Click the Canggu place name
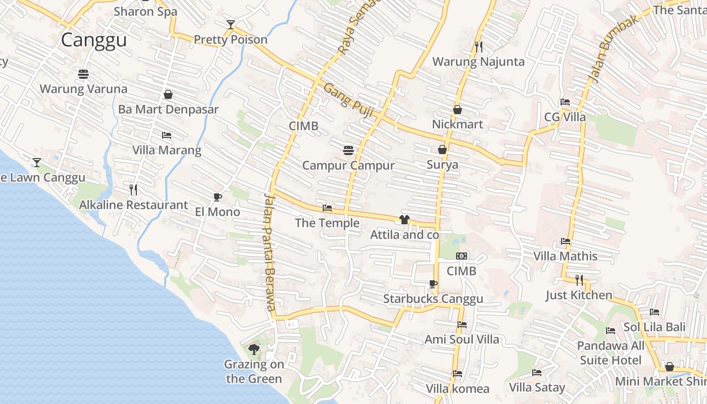(x=93, y=40)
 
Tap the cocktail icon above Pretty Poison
(x=231, y=24)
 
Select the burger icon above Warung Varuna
(x=83, y=74)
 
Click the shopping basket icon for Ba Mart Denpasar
(x=168, y=94)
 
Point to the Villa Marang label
(x=167, y=150)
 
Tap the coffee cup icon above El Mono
(x=218, y=197)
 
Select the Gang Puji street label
(x=348, y=100)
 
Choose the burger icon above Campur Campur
(x=348, y=150)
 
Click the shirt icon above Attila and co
(x=404, y=220)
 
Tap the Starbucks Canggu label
(x=433, y=298)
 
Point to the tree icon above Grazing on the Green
(x=254, y=349)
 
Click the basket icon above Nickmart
(x=458, y=110)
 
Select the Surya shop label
(x=442, y=165)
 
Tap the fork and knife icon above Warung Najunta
(x=479, y=47)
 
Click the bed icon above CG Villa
(x=565, y=103)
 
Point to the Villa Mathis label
(x=565, y=256)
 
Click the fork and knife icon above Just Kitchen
(x=579, y=280)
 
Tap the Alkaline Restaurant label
(x=133, y=205)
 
